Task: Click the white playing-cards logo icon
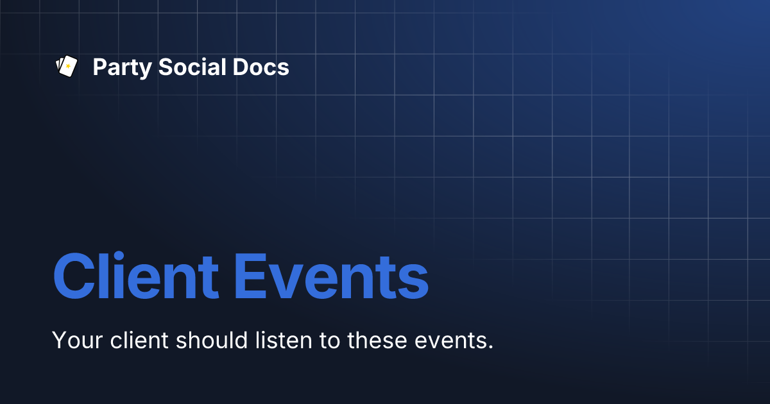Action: coord(67,67)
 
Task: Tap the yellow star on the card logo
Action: coord(68,67)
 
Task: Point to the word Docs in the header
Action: coord(260,67)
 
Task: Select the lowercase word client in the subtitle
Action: coord(135,340)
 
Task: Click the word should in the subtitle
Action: coord(208,340)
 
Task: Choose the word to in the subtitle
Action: coord(330,340)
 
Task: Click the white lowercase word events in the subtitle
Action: coord(452,340)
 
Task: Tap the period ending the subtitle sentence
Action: coord(490,348)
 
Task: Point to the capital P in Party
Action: coord(99,67)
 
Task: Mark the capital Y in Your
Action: coord(59,340)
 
